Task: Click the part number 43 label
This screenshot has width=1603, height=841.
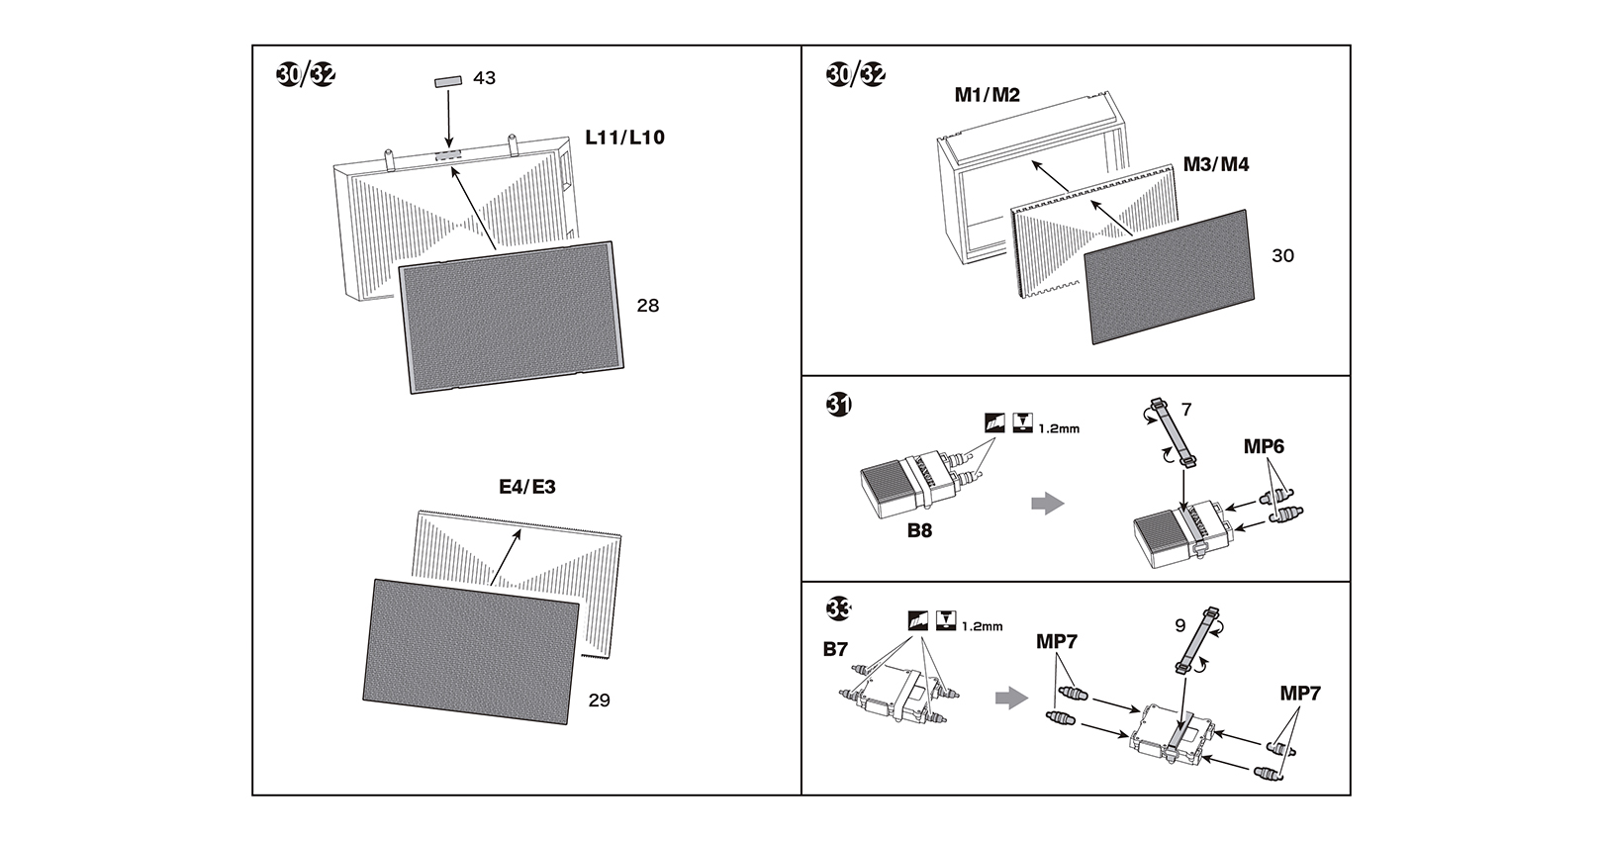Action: [485, 78]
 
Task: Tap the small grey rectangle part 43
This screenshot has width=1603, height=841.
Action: [448, 81]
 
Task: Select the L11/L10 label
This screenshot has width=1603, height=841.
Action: [624, 138]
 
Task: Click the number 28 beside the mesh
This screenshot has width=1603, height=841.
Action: [648, 306]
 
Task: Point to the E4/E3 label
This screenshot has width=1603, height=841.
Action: [527, 487]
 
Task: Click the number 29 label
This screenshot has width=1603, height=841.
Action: [599, 701]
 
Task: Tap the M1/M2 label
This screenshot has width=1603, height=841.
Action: [987, 95]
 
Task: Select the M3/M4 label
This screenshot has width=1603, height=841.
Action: [1216, 164]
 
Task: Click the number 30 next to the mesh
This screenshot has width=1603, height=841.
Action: [1282, 255]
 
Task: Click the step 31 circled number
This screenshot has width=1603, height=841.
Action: [839, 405]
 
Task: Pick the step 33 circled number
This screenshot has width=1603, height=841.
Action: [839, 608]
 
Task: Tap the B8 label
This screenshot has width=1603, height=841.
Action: [919, 531]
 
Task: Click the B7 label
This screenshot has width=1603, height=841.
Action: [835, 649]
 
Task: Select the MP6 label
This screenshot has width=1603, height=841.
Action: [1264, 446]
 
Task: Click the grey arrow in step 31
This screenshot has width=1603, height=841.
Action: [1048, 503]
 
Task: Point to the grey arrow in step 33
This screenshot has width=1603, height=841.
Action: [1012, 698]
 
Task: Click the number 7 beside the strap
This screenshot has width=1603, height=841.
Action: [1186, 410]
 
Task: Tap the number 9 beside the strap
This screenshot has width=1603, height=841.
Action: [1180, 626]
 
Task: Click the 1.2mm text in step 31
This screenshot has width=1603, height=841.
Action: [1059, 428]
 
